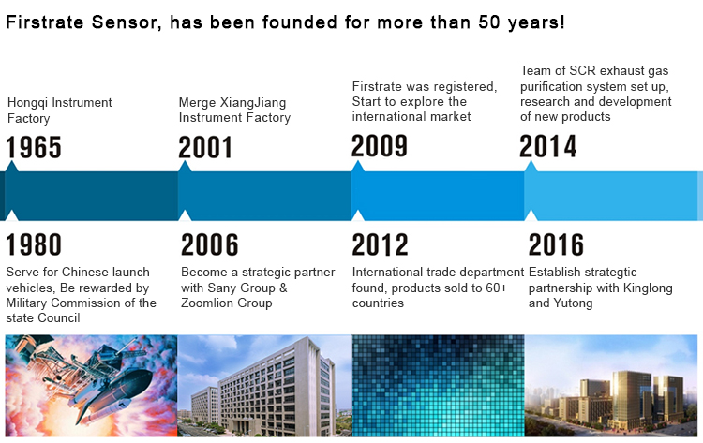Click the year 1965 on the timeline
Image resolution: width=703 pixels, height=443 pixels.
pos(34,147)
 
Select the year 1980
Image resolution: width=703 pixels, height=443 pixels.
pos(34,244)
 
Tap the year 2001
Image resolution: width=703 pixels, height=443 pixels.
pos(205,147)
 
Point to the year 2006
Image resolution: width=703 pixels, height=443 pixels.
pos(209,244)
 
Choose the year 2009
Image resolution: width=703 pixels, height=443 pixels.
pos(380,145)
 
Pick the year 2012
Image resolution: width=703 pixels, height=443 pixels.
pos(381,244)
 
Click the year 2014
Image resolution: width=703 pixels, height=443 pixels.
pos(548,146)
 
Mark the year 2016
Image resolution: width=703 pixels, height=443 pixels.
pos(557,244)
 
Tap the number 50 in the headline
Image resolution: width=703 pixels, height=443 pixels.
pos(489,22)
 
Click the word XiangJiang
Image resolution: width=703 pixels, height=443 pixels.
pos(253,103)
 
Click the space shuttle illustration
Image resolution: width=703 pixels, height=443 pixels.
pos(92,386)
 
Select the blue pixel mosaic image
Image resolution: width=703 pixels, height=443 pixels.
pos(438,386)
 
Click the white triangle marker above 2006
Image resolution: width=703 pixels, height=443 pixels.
pos(185,215)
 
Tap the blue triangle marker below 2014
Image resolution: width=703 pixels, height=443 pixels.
pos(531,166)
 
